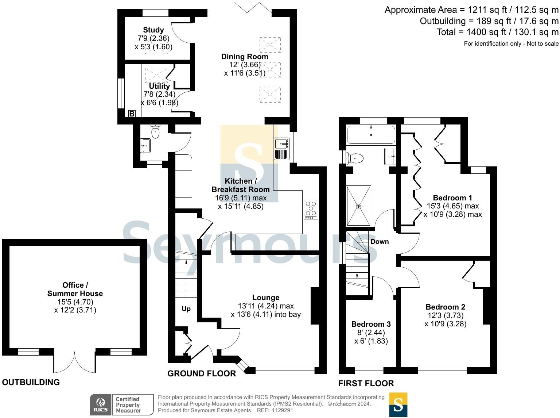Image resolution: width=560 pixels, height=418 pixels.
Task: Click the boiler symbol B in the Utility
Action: tap(132, 114)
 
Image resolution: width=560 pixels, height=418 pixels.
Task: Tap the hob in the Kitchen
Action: tap(311, 210)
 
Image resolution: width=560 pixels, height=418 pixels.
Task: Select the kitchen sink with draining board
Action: tap(281, 149)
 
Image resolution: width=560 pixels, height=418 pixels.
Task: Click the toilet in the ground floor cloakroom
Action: tap(156, 132)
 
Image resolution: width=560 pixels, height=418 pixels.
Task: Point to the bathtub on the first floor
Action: tap(371, 135)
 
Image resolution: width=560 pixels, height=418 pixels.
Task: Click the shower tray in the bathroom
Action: tap(358, 206)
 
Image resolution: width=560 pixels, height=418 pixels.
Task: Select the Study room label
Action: tap(153, 30)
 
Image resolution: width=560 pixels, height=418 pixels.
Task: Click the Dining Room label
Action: tap(245, 57)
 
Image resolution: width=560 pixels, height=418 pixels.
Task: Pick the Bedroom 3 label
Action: tap(371, 324)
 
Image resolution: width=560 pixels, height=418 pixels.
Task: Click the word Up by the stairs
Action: tap(186, 309)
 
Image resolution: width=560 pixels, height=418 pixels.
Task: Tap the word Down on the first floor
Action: tap(380, 242)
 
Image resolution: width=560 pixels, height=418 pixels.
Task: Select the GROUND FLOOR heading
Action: tap(202, 373)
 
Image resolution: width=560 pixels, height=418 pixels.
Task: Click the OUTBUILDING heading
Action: tap(31, 382)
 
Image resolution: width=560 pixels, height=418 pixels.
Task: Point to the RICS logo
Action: tap(101, 404)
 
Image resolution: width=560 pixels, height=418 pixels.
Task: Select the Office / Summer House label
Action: tap(75, 289)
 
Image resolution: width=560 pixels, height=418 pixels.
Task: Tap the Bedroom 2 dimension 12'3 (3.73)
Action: tap(445, 315)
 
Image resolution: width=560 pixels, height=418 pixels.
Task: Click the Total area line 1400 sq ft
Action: tap(497, 32)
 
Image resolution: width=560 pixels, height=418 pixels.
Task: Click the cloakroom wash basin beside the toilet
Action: tap(146, 146)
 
